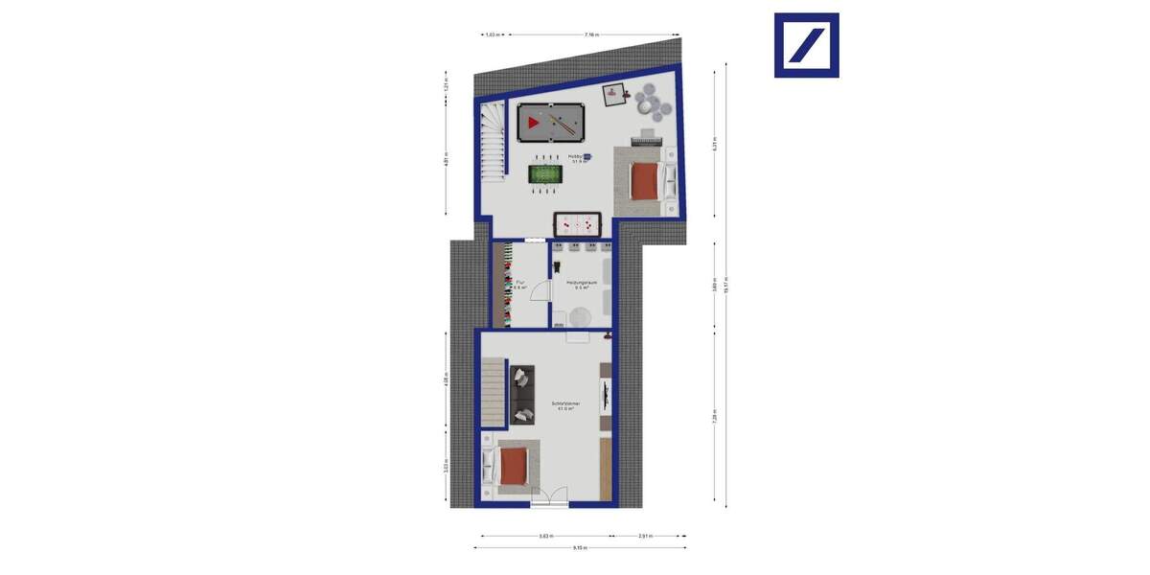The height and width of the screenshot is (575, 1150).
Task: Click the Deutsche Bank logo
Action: pos(806,45)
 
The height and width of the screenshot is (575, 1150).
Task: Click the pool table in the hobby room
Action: pos(551,122)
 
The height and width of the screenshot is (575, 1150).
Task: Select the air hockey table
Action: pos(578,225)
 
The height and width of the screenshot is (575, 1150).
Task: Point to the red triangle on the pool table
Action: pos(533,122)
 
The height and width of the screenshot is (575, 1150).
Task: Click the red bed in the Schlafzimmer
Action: pos(514,467)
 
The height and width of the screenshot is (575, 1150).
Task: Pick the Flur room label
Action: pos(520,285)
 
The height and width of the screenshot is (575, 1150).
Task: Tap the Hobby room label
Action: pos(579,158)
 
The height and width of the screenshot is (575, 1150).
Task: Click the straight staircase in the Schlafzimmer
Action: pos(492,393)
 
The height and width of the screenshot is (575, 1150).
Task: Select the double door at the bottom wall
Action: pos(549,497)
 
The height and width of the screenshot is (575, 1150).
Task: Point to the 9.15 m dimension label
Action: pos(581,548)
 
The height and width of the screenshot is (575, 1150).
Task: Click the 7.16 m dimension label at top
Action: pos(591,34)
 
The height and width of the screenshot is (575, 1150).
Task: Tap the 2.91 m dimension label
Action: pos(644,537)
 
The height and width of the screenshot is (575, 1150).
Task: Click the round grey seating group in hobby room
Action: pos(648,101)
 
